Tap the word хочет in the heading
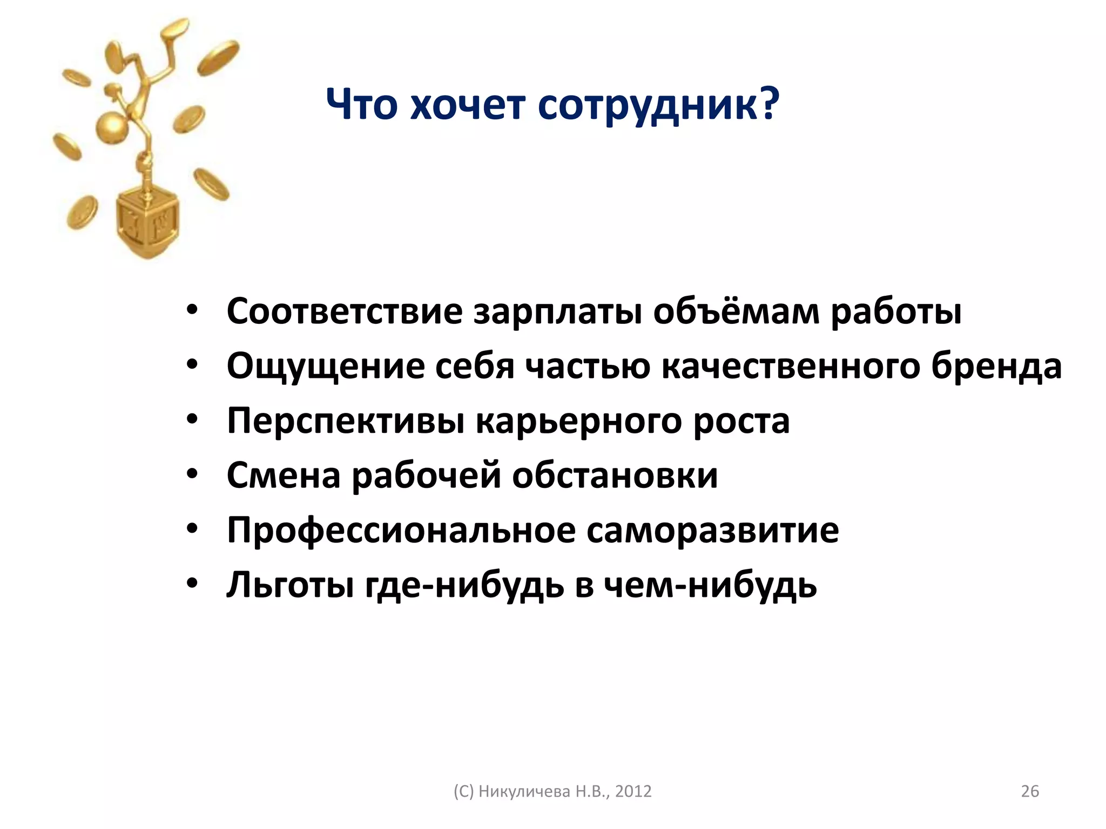coord(467,105)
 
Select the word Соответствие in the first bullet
coord(345,312)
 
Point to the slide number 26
coord(1030,791)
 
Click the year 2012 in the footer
coord(633,791)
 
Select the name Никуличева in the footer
coord(524,791)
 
